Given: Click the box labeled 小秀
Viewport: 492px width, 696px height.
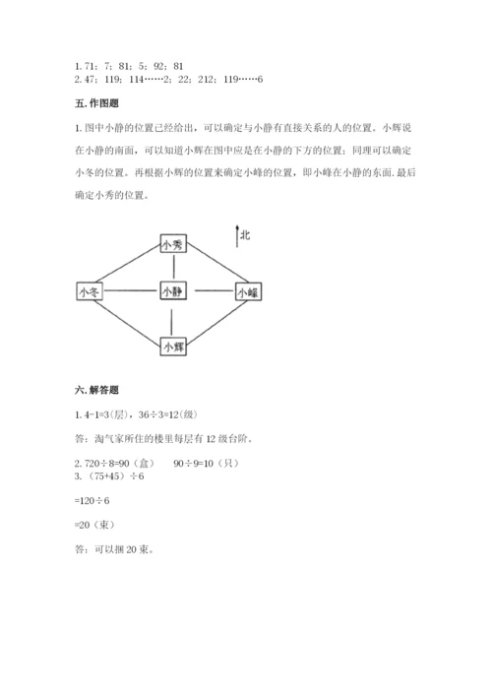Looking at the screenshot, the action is [x=172, y=244].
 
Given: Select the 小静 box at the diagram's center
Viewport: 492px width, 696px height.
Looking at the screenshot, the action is [x=172, y=291].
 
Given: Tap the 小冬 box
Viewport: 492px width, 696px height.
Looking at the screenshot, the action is [x=89, y=291].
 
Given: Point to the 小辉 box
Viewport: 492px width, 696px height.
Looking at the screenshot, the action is [x=172, y=346].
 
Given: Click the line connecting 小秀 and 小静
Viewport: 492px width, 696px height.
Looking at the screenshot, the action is [x=172, y=268].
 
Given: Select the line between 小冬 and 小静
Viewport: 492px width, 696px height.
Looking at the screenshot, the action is [x=130, y=291].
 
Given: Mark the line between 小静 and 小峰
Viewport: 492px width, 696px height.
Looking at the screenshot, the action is [x=212, y=291].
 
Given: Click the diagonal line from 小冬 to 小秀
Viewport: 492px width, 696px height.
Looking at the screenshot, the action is [x=125, y=265].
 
